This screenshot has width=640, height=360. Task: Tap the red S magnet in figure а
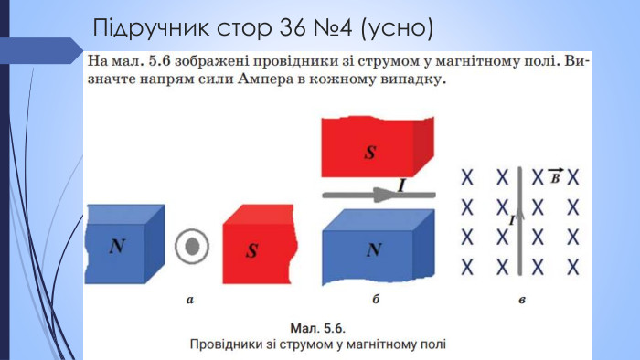pyautogui.click(x=259, y=247)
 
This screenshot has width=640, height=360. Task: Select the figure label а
pyautogui.click(x=189, y=298)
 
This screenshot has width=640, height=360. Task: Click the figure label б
pyautogui.click(x=376, y=298)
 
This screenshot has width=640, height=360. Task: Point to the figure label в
pyautogui.click(x=521, y=298)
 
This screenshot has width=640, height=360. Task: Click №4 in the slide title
pyautogui.click(x=328, y=28)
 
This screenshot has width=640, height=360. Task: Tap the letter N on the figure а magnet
pyautogui.click(x=117, y=246)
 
